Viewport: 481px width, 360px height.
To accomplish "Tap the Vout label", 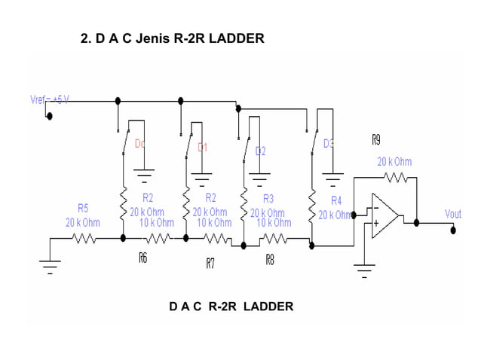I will (x=452, y=214).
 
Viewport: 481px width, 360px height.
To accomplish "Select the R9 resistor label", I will (x=375, y=139).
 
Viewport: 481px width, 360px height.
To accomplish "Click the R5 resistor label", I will (x=83, y=208).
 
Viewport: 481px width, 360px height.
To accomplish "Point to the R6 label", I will (x=143, y=258).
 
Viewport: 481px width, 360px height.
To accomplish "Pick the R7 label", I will (x=210, y=263).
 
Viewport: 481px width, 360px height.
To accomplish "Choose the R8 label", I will (x=269, y=258).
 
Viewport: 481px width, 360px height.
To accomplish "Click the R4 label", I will (x=336, y=201).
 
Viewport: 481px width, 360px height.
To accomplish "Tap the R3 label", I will (x=268, y=199).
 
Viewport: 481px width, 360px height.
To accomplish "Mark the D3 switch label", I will (x=329, y=143).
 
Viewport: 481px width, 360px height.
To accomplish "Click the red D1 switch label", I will (x=202, y=147).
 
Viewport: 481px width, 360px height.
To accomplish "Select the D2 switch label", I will (x=260, y=151).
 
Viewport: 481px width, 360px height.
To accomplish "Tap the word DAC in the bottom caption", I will (x=185, y=306).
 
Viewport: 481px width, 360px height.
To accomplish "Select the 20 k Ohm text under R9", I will (x=394, y=161).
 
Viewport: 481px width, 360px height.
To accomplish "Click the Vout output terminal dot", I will (x=453, y=229).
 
